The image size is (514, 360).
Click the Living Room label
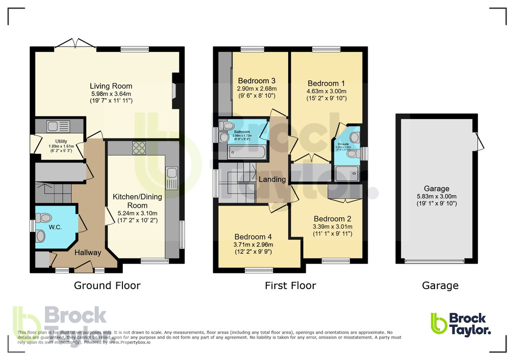pyautogui.click(x=111, y=86)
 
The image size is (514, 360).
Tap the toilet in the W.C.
pyautogui.click(x=44, y=218)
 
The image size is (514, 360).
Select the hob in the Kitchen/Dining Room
pyautogui.click(x=139, y=148)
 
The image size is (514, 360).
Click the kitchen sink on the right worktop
pyautogui.click(x=172, y=178)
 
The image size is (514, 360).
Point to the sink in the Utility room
pyautogui.click(x=53, y=126)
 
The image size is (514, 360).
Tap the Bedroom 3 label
pyautogui.click(x=256, y=81)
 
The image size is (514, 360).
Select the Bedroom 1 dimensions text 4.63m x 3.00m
pyautogui.click(x=326, y=91)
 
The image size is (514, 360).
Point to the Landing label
pyautogui.click(x=272, y=179)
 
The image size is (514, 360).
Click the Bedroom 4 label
pyautogui.click(x=254, y=236)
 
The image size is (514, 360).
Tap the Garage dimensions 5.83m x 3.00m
pyautogui.click(x=437, y=196)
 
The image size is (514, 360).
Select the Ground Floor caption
pyautogui.click(x=107, y=285)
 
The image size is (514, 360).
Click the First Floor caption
pyautogui.click(x=290, y=285)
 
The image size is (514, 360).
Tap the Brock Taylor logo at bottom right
pyautogui.click(x=460, y=324)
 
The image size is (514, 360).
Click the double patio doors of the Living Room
pyautogui.click(x=75, y=44)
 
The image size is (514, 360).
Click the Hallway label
pyautogui.click(x=88, y=252)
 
